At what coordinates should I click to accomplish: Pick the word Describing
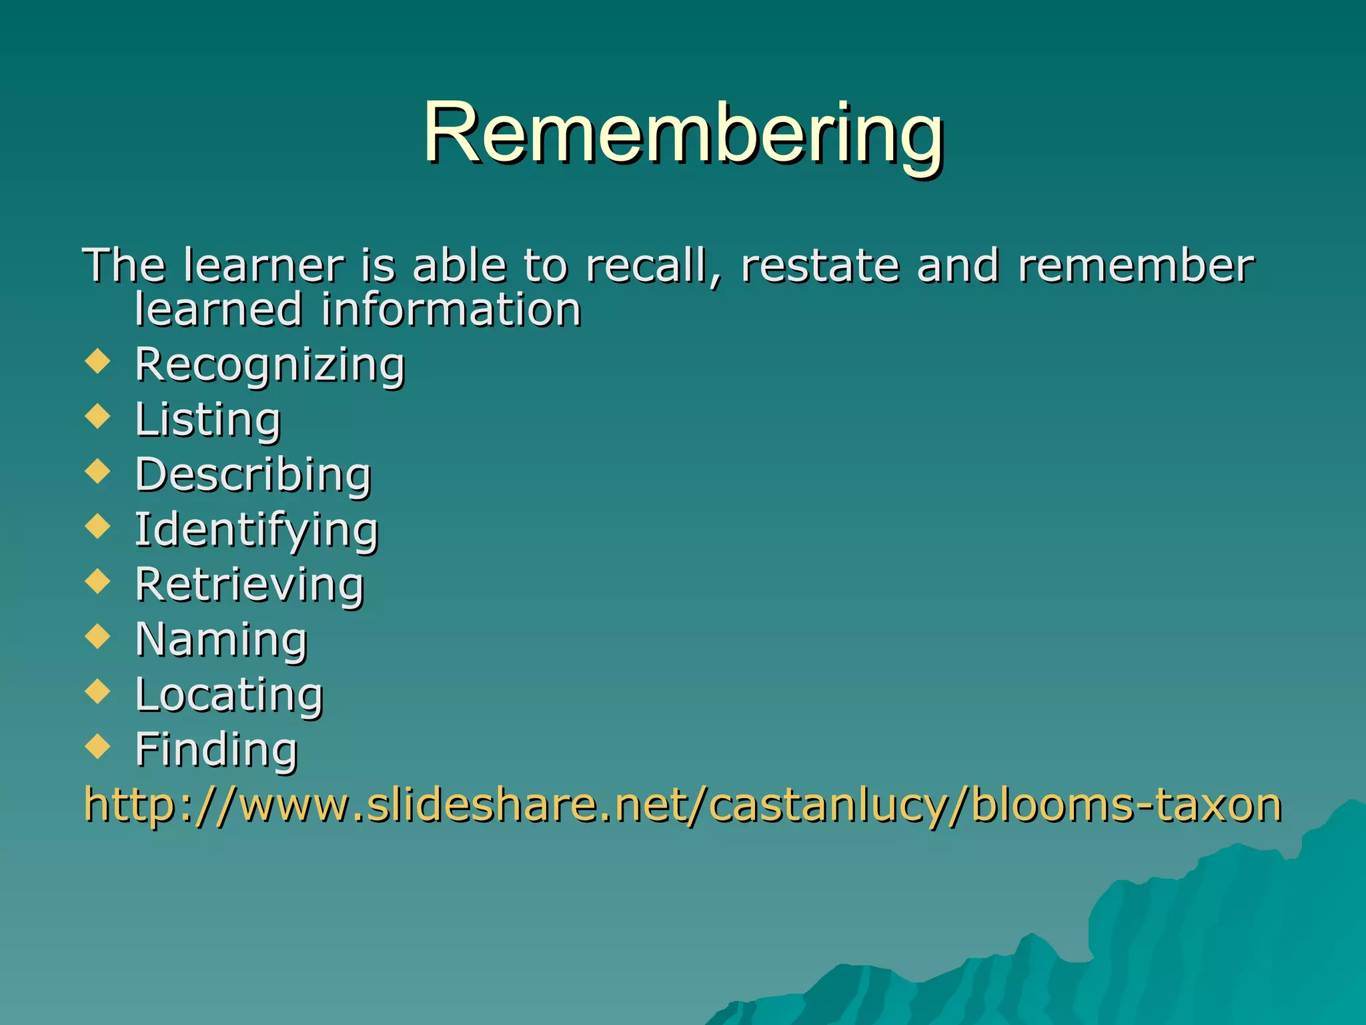[253, 474]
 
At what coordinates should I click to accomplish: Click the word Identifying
[257, 530]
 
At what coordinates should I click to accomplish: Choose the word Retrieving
[249, 585]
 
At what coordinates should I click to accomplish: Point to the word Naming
[221, 639]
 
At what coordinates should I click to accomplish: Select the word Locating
[229, 695]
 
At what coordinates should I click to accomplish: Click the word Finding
[216, 749]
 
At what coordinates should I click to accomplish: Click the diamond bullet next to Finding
[98, 746]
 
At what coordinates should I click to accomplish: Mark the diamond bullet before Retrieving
[98, 581]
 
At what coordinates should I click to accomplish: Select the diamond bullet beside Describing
[98, 471]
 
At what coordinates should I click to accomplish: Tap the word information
[452, 310]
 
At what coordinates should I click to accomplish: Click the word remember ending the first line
[1136, 266]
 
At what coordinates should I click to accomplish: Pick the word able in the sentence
[460, 266]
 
